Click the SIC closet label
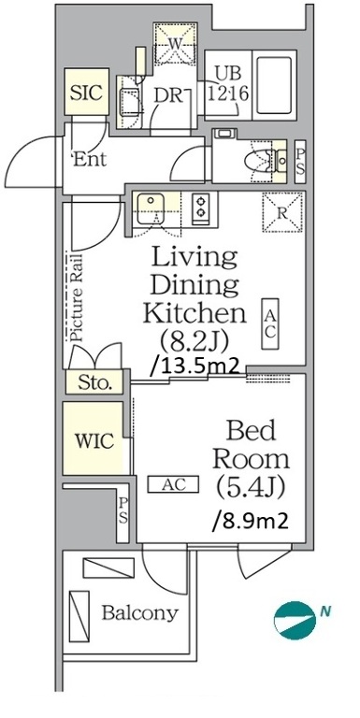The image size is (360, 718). [x=86, y=93]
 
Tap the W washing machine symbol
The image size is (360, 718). [x=176, y=43]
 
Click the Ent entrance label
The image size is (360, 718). [x=90, y=159]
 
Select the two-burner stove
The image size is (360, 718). [x=200, y=207]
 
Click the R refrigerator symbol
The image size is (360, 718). [x=282, y=213]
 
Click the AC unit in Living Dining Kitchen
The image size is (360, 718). [x=269, y=324]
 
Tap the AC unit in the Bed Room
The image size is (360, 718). [x=173, y=484]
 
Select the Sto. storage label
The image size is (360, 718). [x=94, y=382]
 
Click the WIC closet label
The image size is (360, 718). [x=94, y=441]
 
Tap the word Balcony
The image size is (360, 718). [x=139, y=613]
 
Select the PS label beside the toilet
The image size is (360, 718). [x=300, y=162]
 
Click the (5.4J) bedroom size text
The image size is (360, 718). [x=251, y=488]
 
